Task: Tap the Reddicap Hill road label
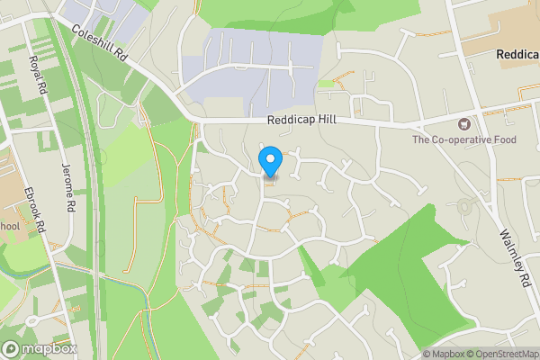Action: pyautogui.click(x=301, y=121)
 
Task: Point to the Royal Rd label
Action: pyautogui.click(x=36, y=75)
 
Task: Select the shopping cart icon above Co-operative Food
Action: pyautogui.click(x=464, y=124)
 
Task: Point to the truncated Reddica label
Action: pyautogui.click(x=517, y=55)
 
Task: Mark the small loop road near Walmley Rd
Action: pyautogui.click(x=464, y=206)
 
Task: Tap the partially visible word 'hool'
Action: pyautogui.click(x=9, y=226)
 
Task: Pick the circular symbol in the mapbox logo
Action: pyautogui.click(x=11, y=348)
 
